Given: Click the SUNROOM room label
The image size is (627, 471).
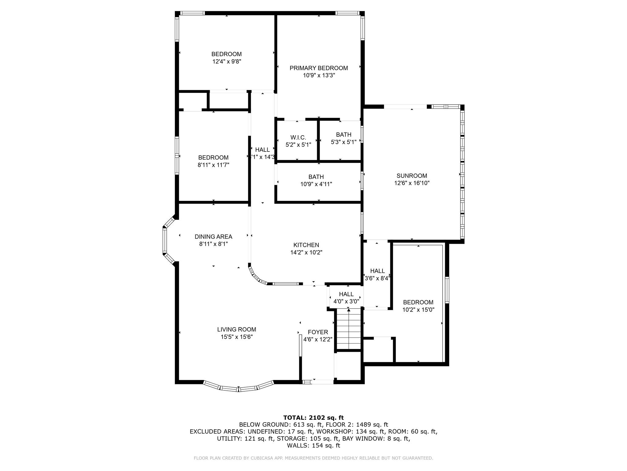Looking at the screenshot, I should click(x=411, y=176).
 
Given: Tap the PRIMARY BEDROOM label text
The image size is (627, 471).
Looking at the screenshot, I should click(x=319, y=68).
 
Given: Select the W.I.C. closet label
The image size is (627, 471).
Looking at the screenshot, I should click(x=298, y=138).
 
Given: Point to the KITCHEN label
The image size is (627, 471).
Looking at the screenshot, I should click(x=306, y=245).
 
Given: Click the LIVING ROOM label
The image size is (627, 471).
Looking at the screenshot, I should click(x=237, y=329).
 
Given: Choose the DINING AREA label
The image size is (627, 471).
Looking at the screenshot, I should click(x=213, y=237).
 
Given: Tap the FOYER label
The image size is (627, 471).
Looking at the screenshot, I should click(x=318, y=332).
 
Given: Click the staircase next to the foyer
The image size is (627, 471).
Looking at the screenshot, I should click(x=349, y=330).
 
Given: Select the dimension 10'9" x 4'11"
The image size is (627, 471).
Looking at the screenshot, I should click(x=316, y=184).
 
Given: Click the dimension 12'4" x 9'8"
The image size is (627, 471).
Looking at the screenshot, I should click(x=227, y=61).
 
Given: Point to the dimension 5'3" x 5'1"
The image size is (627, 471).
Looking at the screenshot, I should click(x=344, y=142).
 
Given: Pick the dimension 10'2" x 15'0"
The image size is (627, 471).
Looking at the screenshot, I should click(x=418, y=310).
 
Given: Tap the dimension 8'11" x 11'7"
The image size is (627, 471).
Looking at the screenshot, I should click(x=213, y=165).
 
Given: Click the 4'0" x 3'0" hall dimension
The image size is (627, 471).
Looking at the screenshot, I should click(x=346, y=301).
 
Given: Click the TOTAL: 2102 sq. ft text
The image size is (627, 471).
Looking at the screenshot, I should click(x=313, y=418).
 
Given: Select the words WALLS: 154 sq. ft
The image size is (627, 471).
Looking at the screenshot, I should click(x=313, y=445).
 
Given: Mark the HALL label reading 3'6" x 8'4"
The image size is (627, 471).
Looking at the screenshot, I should click(x=377, y=274).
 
